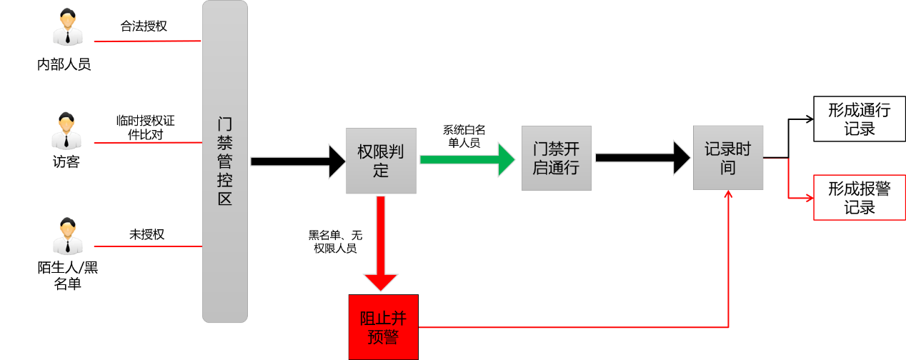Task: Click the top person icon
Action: click(x=68, y=27)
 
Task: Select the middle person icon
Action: click(x=66, y=131)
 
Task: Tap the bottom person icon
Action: click(x=67, y=236)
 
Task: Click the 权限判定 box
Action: click(x=381, y=161)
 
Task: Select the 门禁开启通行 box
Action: click(x=556, y=159)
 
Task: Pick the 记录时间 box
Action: click(x=727, y=158)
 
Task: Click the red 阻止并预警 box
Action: click(x=383, y=327)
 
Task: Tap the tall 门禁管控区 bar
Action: click(x=224, y=161)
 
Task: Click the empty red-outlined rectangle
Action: click(x=859, y=197)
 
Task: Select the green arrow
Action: click(x=467, y=159)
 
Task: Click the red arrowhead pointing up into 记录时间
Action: click(x=728, y=194)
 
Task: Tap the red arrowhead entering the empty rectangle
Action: click(x=810, y=198)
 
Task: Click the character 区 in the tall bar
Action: click(x=224, y=199)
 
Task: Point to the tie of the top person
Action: click(x=68, y=37)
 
